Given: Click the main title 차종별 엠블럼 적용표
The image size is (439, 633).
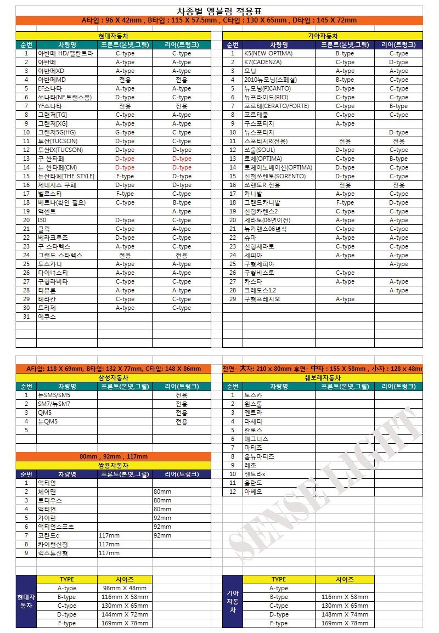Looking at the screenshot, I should click(219, 11).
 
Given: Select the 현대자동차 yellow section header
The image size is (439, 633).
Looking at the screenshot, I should click(114, 36).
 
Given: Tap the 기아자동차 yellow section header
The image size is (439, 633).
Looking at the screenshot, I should click(323, 36).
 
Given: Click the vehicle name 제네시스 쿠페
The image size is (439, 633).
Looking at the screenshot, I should click(57, 185).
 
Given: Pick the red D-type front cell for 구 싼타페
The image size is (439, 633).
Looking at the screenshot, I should click(125, 159).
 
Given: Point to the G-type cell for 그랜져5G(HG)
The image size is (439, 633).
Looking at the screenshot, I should click(125, 132).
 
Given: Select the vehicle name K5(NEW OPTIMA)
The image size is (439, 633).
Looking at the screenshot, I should click(268, 53).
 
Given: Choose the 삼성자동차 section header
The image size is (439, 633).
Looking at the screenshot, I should click(114, 378).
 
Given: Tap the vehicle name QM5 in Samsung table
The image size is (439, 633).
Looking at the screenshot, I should click(44, 412).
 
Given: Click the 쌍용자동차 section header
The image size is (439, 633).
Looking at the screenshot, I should click(114, 465).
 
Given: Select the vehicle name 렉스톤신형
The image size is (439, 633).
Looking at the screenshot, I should click(53, 553).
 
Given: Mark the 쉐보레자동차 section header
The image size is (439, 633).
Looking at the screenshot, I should click(323, 378).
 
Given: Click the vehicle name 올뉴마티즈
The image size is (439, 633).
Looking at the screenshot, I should click(259, 456).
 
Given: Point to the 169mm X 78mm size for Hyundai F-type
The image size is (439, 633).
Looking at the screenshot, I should click(125, 623).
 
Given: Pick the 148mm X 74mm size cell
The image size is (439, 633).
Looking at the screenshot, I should click(345, 614).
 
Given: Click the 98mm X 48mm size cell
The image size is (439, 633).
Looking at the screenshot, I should click(125, 588).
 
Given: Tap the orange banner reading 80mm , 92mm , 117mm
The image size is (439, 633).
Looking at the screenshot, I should click(114, 456).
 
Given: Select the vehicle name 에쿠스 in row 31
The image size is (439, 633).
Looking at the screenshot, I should click(47, 316).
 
